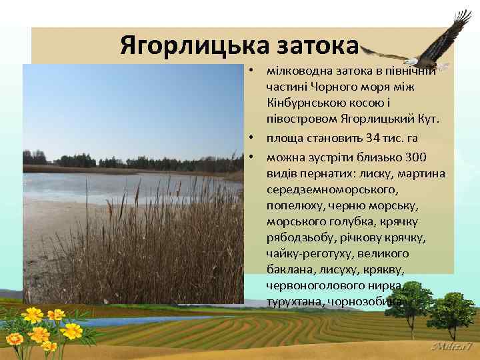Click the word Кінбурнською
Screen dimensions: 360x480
click(303, 103)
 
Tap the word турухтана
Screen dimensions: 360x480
click(294, 301)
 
